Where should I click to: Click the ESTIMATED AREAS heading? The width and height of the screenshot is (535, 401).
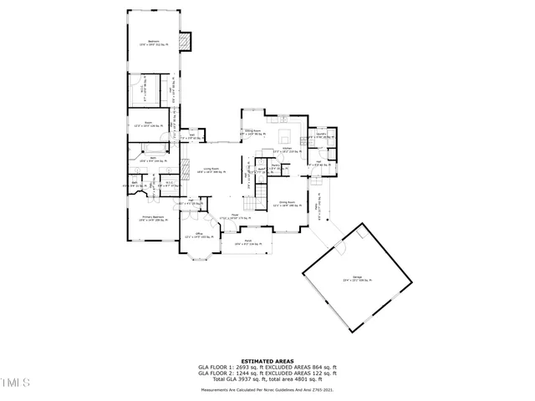pos(267,361)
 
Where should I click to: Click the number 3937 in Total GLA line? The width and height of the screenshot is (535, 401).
pos(248,379)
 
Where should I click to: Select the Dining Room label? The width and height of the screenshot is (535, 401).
pos(288,203)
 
